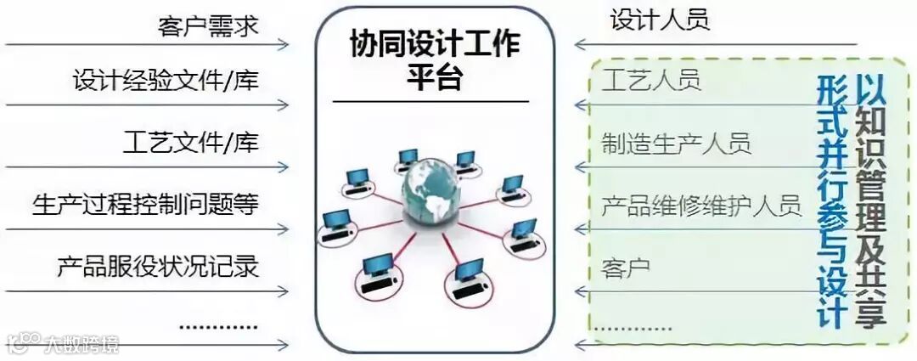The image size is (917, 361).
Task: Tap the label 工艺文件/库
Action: coord(190,142)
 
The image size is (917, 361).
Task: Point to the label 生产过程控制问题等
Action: coord(145,204)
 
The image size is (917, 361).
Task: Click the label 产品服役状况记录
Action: coord(158,266)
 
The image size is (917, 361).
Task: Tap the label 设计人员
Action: coord(660,20)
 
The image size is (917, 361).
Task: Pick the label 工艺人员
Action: coord(651,81)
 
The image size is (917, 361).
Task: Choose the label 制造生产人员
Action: coord(676,142)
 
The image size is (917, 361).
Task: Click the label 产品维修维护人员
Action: coord(701,205)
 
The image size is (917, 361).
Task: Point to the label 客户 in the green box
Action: coord(626,268)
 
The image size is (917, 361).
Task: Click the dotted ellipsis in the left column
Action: coord(219,325)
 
